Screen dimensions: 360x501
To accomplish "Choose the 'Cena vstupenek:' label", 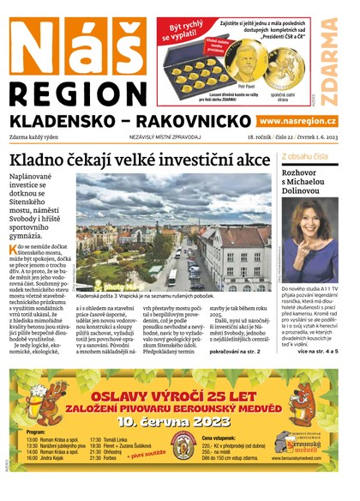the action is pos(220,438).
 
